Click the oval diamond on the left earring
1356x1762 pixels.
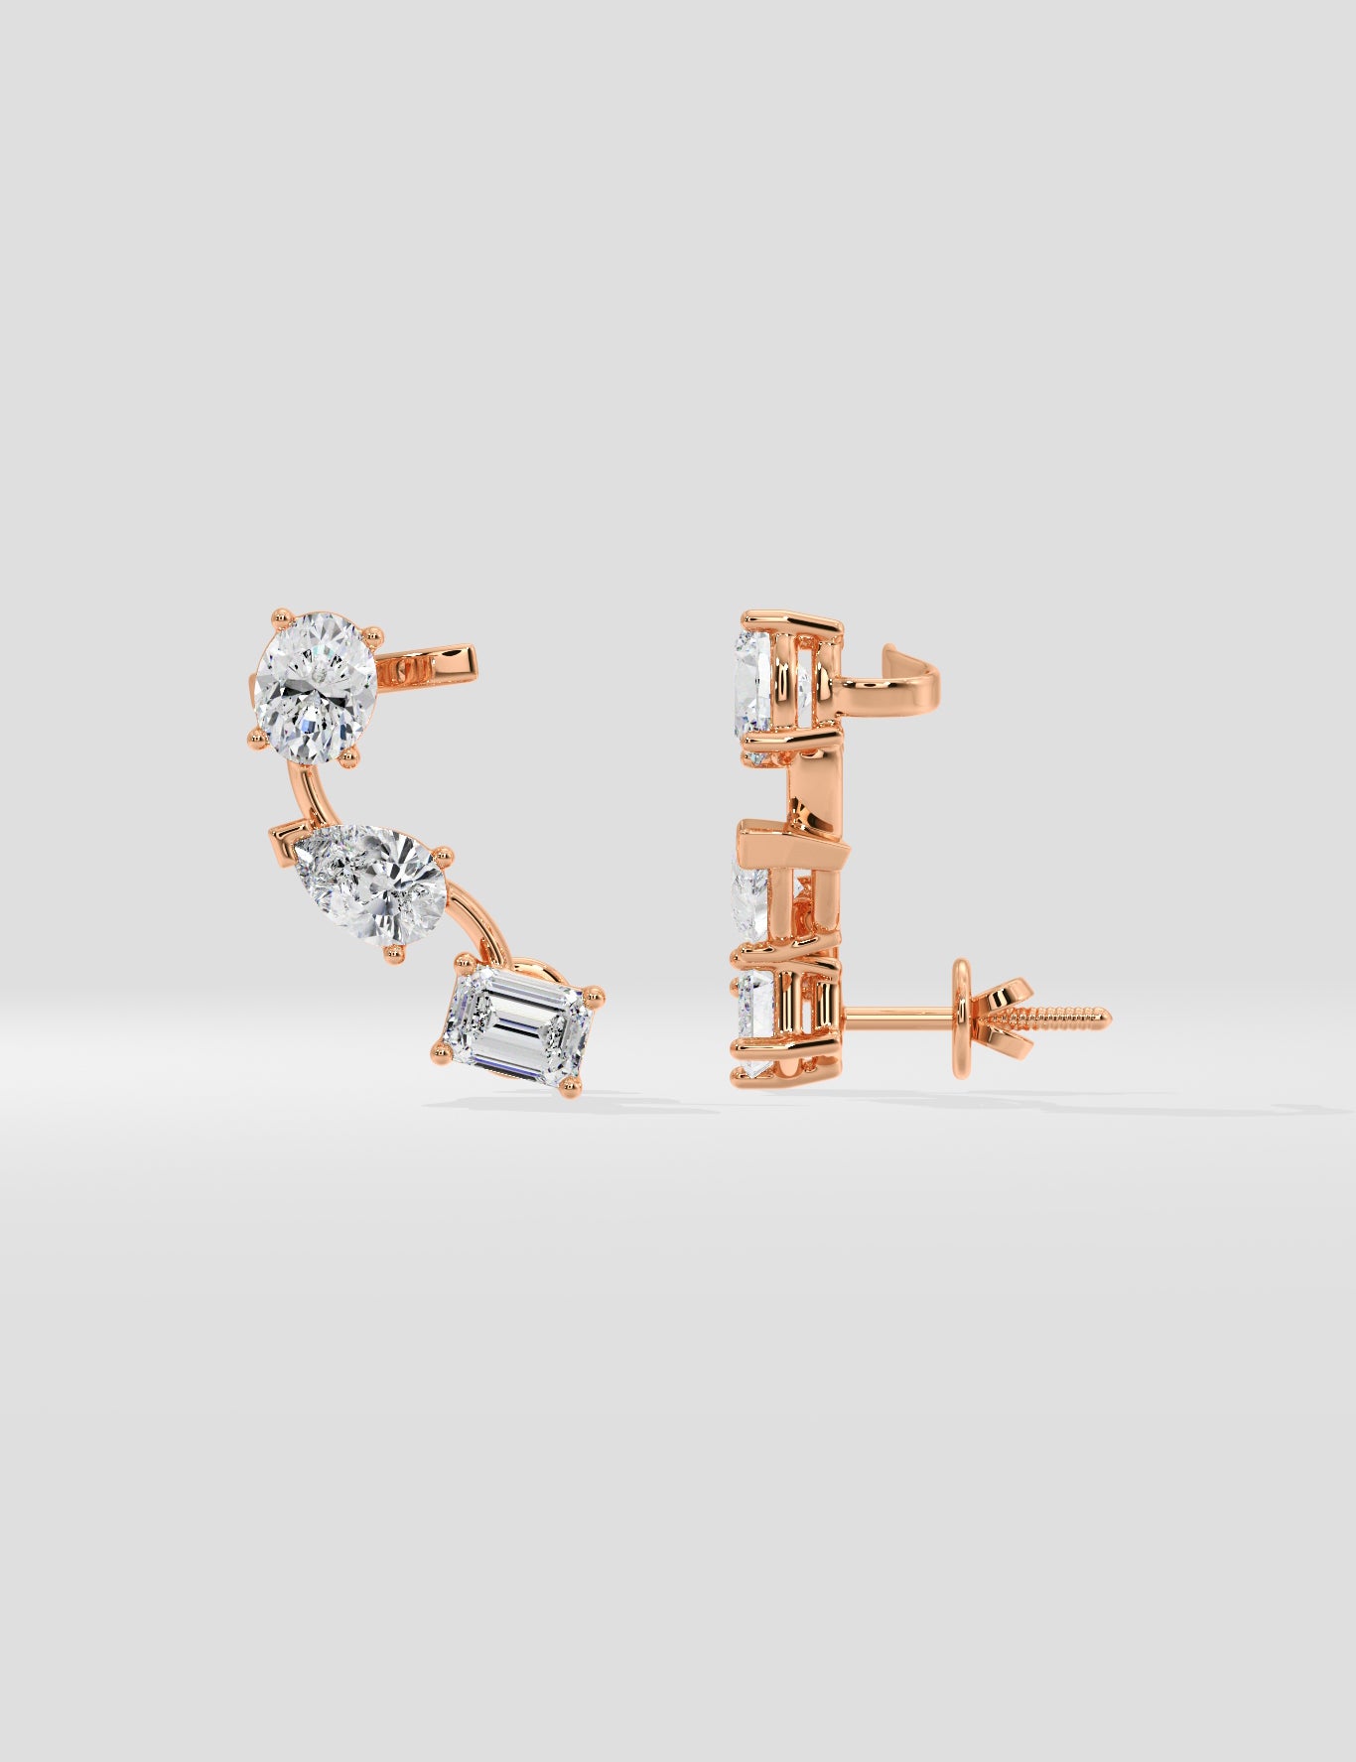(x=317, y=684)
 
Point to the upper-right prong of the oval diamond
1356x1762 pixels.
(x=373, y=630)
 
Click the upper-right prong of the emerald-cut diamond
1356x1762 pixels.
(x=595, y=992)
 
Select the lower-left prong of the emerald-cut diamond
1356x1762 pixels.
(x=440, y=1049)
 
